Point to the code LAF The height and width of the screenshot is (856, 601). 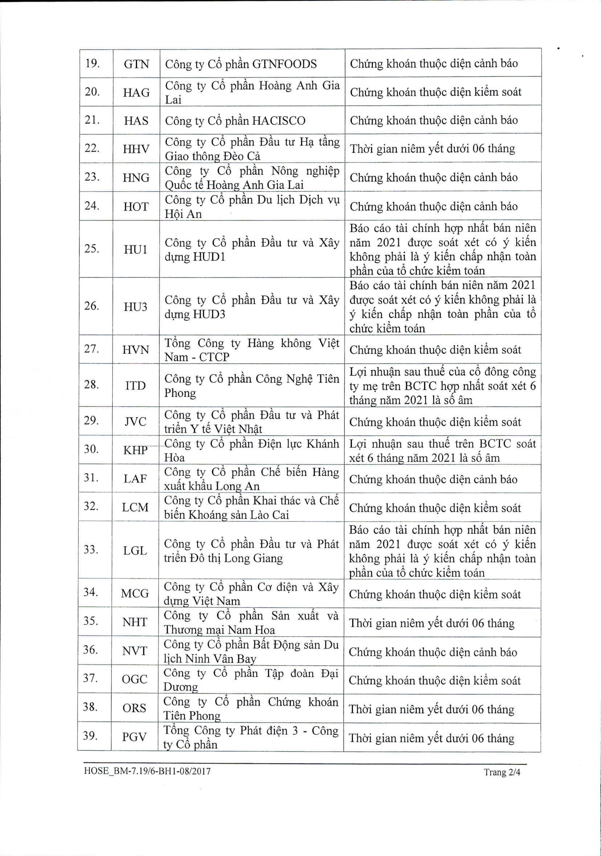(x=135, y=479)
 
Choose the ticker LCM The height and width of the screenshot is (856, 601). (x=135, y=507)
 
